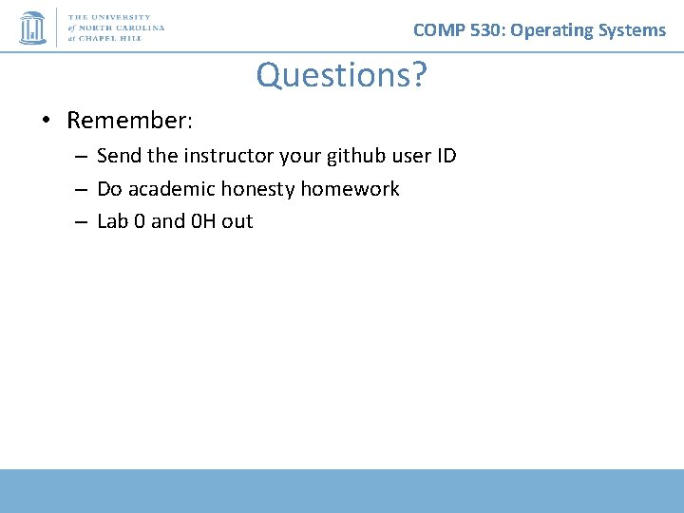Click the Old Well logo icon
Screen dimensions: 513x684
pos(32,28)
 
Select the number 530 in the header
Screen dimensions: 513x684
pos(484,30)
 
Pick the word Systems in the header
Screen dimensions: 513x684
pos(634,30)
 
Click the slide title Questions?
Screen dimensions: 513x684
pos(341,75)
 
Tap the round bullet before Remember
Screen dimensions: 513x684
pos(46,122)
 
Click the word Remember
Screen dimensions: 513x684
pos(129,122)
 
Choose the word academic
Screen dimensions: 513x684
pos(171,189)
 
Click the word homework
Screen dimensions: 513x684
pos(350,189)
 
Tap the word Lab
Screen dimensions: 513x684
pos(112,221)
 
